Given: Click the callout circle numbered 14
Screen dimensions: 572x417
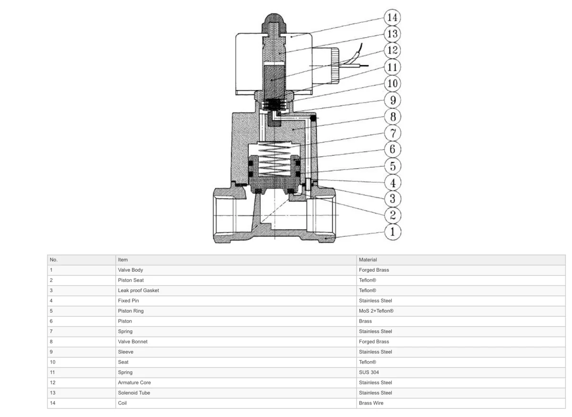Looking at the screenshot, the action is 392,17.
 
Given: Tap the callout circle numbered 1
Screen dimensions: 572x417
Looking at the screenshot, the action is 392,232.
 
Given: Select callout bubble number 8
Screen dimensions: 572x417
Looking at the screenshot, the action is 393,117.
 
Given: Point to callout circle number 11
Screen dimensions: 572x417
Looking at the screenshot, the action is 392,67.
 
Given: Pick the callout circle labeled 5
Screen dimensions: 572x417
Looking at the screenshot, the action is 393,166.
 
